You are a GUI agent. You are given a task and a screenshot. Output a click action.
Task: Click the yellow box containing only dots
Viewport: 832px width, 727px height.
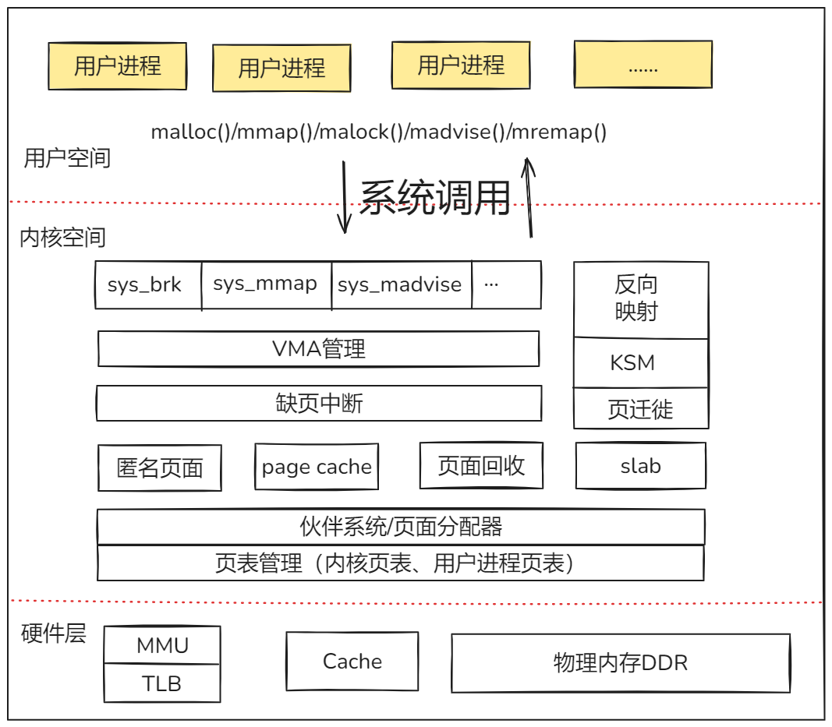[x=643, y=65]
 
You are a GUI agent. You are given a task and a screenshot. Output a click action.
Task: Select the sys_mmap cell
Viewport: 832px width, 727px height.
[x=266, y=285]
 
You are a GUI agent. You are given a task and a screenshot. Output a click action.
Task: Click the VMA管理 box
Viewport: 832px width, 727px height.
[x=318, y=348]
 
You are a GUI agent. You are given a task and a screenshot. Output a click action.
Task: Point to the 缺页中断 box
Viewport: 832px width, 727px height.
[x=318, y=403]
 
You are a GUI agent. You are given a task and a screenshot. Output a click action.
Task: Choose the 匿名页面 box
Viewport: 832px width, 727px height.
[x=160, y=468]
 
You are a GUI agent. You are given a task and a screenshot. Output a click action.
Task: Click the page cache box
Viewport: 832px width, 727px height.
[x=317, y=467]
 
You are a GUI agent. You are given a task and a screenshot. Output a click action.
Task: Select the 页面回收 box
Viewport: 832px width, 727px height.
[x=481, y=466]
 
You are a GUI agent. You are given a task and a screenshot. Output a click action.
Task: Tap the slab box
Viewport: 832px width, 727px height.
[x=641, y=466]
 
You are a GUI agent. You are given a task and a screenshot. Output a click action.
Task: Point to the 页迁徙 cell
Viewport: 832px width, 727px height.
[x=641, y=409]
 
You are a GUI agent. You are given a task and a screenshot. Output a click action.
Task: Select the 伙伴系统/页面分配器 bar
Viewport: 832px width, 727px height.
[x=401, y=527]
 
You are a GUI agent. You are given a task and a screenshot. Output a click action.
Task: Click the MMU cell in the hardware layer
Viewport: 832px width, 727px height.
[x=162, y=645]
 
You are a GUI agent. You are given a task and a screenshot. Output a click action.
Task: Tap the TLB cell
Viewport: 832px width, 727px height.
[x=162, y=683]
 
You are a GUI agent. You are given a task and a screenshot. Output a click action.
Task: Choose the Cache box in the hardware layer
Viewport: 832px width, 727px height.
[x=352, y=662]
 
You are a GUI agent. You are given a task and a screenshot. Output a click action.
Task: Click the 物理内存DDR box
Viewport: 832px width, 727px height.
[x=621, y=663]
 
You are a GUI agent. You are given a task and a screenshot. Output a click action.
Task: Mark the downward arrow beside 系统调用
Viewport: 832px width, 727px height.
[x=344, y=196]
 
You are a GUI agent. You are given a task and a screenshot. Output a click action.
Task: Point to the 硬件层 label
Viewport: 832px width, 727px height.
[x=53, y=633]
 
